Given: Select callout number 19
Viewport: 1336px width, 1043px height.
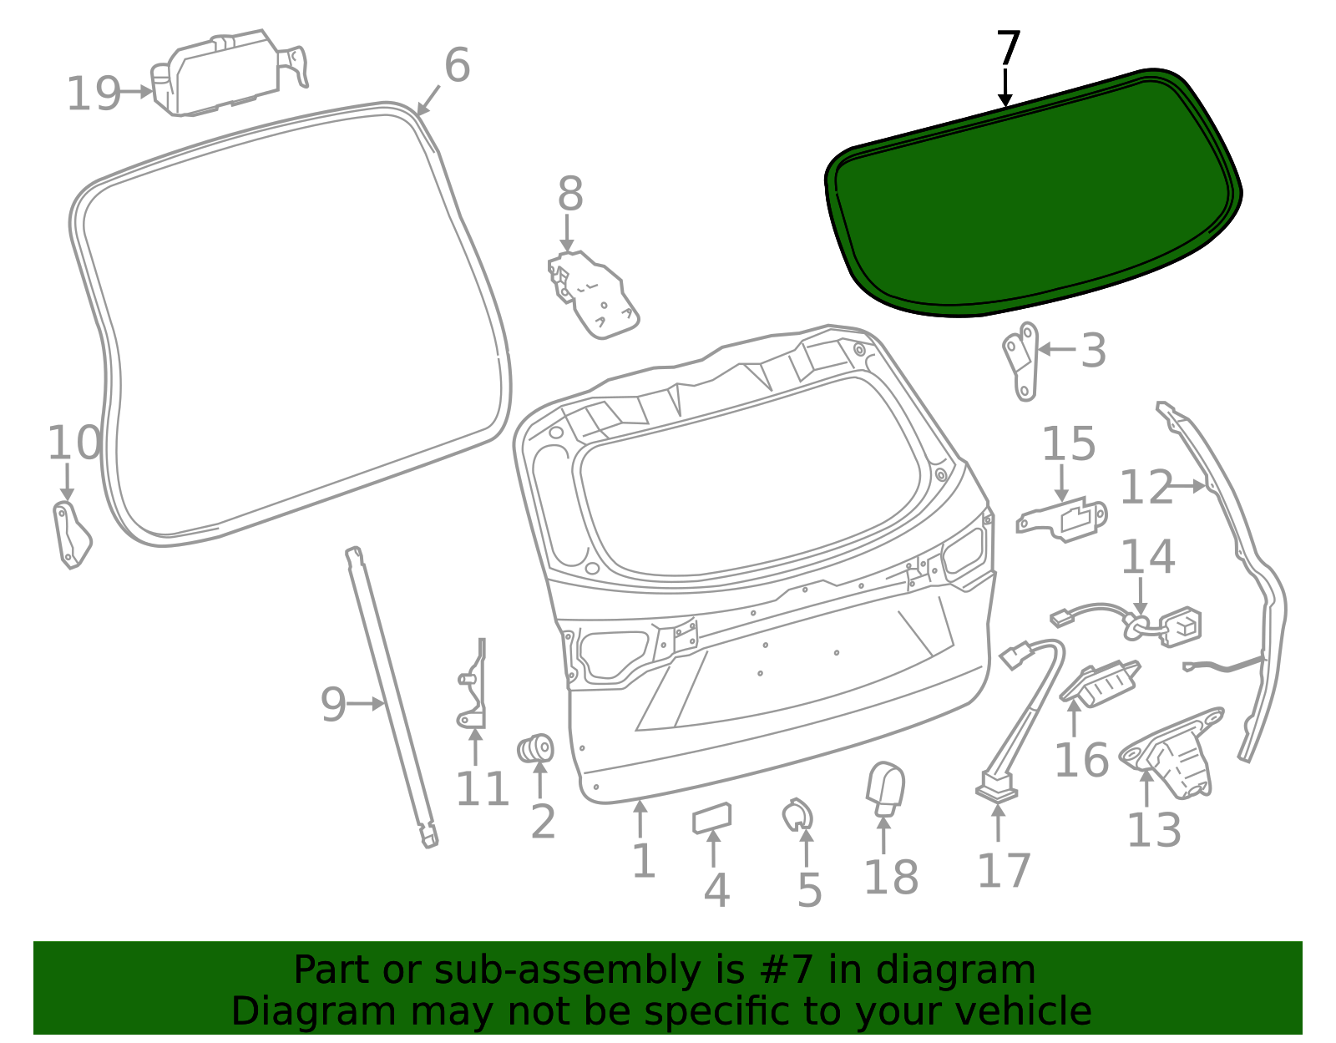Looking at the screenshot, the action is [93, 94].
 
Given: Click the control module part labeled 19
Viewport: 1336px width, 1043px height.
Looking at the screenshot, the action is [229, 73].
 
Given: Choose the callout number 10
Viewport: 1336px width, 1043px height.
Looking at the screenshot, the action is [74, 443].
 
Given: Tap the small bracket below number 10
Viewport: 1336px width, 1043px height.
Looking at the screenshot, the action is [72, 534].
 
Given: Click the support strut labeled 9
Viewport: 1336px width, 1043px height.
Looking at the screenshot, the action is [392, 697].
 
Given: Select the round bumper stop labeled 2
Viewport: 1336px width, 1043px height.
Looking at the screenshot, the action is [535, 748].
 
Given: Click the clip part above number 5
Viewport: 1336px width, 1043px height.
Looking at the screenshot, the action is [797, 815].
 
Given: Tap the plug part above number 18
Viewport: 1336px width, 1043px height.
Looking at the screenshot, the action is [885, 789].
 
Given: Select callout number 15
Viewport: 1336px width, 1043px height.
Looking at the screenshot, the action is [1069, 443].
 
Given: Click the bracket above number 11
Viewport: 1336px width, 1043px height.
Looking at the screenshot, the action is [474, 683].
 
